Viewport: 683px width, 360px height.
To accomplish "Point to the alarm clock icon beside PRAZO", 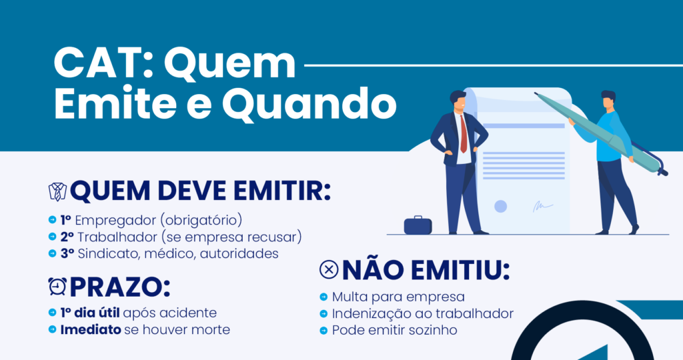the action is [x=57, y=287].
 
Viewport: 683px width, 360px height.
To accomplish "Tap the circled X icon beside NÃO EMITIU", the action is [x=329, y=269].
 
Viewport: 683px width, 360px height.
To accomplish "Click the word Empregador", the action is [x=115, y=220].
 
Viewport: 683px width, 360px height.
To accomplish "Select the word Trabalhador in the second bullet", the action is [x=117, y=237].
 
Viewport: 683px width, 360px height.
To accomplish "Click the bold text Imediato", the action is [x=91, y=329].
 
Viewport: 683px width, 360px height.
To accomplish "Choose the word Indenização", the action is [x=371, y=314].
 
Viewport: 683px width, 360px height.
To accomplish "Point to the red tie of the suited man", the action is [x=464, y=133].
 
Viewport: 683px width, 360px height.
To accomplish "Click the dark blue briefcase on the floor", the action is [x=418, y=225].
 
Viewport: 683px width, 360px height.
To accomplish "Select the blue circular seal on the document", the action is [x=500, y=207].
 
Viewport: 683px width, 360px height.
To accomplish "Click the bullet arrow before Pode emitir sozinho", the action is [x=323, y=331].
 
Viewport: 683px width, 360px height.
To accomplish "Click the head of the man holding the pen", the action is [x=608, y=100].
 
